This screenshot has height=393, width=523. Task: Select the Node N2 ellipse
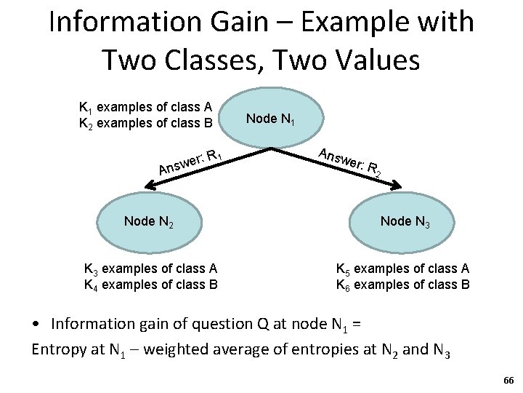(148, 221)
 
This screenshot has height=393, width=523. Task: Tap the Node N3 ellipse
(405, 221)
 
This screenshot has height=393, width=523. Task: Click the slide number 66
(508, 381)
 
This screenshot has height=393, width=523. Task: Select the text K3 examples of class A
(151, 269)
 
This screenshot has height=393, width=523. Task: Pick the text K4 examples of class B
(151, 284)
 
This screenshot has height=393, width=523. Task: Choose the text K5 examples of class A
(402, 269)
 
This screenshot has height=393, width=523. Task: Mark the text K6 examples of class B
(402, 284)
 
